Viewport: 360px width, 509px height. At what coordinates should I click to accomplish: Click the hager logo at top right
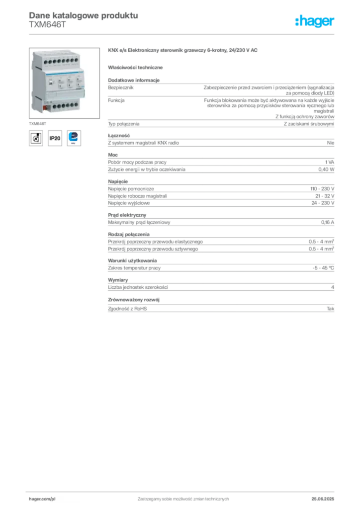314,21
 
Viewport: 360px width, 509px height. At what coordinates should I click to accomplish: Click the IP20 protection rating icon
55,138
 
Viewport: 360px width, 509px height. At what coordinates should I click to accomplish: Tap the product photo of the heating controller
64,83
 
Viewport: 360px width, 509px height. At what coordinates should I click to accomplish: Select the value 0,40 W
326,170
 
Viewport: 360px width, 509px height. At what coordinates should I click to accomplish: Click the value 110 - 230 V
322,188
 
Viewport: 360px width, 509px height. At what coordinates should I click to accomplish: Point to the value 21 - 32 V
325,196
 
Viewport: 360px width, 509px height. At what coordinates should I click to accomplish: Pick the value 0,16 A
328,222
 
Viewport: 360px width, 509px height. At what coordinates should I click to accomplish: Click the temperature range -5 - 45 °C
323,268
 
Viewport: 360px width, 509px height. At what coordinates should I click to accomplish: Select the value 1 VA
330,162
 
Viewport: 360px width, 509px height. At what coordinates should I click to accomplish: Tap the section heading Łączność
119,136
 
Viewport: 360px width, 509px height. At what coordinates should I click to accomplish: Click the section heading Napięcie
118,181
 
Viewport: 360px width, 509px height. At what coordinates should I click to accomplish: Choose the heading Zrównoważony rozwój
134,300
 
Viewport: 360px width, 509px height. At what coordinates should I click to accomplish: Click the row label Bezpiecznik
121,87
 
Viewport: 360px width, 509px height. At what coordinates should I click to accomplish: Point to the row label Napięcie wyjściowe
129,203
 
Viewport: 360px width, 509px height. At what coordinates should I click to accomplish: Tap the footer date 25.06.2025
323,499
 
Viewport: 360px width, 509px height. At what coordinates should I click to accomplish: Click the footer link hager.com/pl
42,499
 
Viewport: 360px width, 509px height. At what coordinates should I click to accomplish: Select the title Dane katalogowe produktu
84,15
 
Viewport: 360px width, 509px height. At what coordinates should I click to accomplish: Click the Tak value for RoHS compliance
330,309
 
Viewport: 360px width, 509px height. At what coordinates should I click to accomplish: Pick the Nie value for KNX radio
331,143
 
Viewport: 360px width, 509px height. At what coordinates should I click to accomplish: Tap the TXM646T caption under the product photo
38,124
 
